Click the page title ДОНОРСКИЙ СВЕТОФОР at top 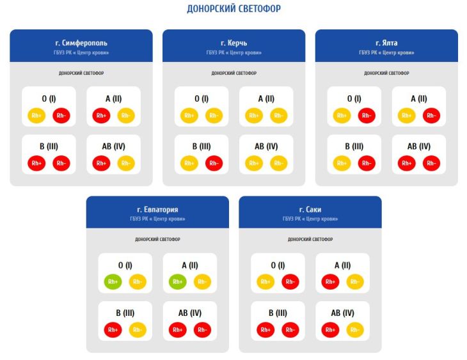[x=233, y=9]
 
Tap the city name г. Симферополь [x=81, y=43]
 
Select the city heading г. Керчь [x=233, y=43]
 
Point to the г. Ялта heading [x=386, y=43]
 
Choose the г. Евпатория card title [x=157, y=210]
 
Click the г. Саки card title [x=310, y=210]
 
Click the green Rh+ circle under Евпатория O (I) [x=113, y=281]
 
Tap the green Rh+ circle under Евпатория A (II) [x=178, y=281]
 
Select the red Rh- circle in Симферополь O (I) [x=61, y=115]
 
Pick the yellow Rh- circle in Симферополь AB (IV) [x=126, y=163]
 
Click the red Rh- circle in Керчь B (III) [x=214, y=163]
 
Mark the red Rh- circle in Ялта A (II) [x=431, y=115]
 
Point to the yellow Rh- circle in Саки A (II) [x=354, y=281]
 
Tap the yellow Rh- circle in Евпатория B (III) [x=138, y=329]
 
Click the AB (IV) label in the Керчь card [x=266, y=146]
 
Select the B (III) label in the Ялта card [x=354, y=146]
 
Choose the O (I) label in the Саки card [x=278, y=265]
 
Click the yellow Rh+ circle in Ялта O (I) [x=342, y=115]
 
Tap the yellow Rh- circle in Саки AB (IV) [x=354, y=329]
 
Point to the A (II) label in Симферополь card [x=113, y=98]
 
